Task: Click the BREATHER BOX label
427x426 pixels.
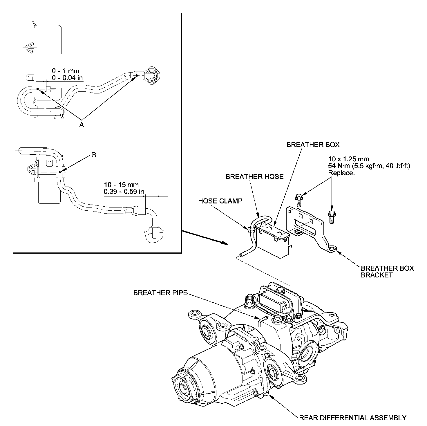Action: point(313,145)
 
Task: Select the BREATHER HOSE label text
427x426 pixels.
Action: point(254,176)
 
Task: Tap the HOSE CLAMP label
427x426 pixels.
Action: point(220,201)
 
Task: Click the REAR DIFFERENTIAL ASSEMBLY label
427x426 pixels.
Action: point(352,418)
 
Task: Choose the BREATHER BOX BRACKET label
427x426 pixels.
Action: point(387,272)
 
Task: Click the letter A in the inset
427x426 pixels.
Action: point(82,125)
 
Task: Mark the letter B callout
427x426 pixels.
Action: point(94,155)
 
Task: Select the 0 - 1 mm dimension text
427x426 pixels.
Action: point(66,71)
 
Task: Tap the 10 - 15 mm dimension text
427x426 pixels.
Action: point(121,185)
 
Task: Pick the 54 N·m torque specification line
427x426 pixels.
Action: point(369,166)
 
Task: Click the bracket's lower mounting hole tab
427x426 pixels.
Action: point(333,248)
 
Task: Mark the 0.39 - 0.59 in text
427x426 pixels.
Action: point(124,192)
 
